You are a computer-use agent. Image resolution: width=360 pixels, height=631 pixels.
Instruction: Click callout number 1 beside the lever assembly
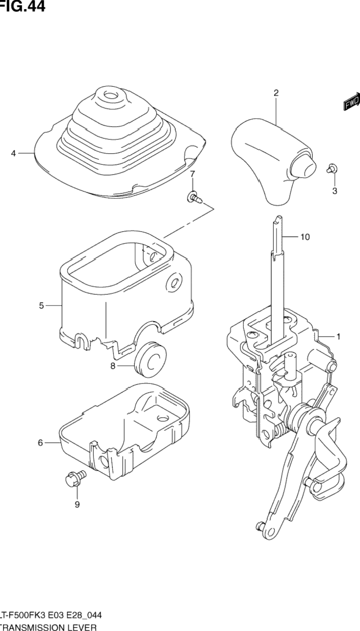tap(338, 337)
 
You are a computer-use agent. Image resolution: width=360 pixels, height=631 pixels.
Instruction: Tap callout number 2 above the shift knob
tap(276, 93)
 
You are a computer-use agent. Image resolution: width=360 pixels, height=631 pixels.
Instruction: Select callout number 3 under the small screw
tap(334, 191)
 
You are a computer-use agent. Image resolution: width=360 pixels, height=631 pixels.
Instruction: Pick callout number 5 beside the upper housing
tap(42, 305)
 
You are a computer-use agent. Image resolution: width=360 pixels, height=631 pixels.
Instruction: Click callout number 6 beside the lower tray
tap(41, 443)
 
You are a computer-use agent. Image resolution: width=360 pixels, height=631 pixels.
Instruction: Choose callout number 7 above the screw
tap(192, 174)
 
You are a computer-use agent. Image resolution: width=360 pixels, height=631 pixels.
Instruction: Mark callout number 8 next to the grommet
tap(113, 366)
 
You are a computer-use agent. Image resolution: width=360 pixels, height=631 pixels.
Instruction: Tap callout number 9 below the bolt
tap(77, 505)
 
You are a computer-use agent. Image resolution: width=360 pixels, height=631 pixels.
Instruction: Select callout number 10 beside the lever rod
tap(305, 236)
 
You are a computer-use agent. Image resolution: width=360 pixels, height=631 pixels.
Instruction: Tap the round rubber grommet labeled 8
tap(150, 359)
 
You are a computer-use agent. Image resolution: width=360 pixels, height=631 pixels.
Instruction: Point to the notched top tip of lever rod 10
tap(276, 219)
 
